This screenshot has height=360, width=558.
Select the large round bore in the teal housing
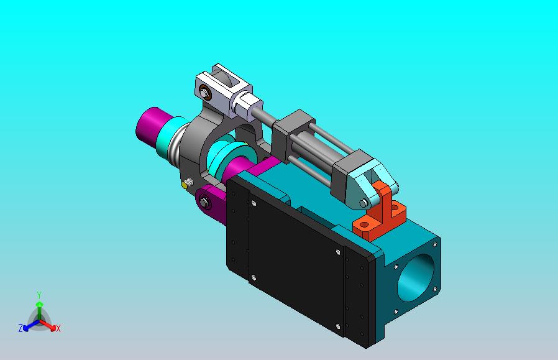[x=416, y=277]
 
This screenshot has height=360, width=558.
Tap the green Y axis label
[x=39, y=295]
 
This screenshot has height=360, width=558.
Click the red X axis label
[x=58, y=328]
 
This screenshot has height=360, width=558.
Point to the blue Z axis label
[x=21, y=328]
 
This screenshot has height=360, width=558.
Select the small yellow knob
[x=185, y=185]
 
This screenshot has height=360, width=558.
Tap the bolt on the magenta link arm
[x=204, y=202]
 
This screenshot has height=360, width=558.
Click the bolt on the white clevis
[x=204, y=93]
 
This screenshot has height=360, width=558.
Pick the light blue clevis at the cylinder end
[x=367, y=185]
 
